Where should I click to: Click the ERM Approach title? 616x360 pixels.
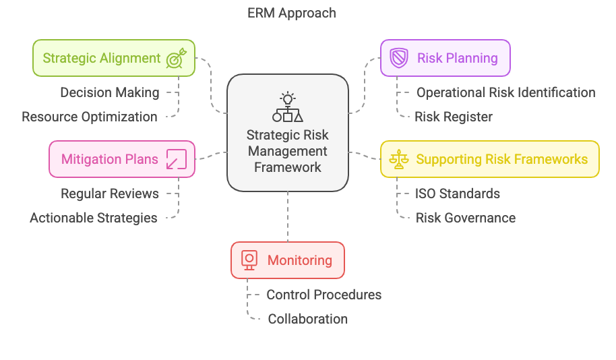pos(291,13)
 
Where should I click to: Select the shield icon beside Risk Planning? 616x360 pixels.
pos(399,58)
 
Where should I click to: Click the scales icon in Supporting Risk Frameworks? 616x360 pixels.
pos(399,160)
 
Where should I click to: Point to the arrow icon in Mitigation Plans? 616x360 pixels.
pos(176,159)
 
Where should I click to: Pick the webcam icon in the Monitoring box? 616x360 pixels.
pos(249,260)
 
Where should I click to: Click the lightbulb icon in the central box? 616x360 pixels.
pos(288,98)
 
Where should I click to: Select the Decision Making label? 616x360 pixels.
pos(110,92)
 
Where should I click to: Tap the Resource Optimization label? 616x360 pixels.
pos(90,117)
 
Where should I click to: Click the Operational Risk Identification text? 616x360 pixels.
pos(505,92)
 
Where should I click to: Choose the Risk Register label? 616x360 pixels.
pos(453,117)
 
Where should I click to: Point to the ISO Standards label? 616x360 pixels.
pos(457,193)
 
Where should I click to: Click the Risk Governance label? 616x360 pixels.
pos(465,218)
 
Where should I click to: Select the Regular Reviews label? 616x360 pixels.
pos(110,193)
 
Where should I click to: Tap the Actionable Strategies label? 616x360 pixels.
pos(94,218)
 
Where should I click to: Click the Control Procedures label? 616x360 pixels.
pos(324,295)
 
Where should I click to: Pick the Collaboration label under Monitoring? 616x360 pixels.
pos(307,319)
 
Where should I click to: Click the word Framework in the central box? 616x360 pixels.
pos(288,167)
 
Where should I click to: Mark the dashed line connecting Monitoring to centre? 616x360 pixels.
pos(288,216)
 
